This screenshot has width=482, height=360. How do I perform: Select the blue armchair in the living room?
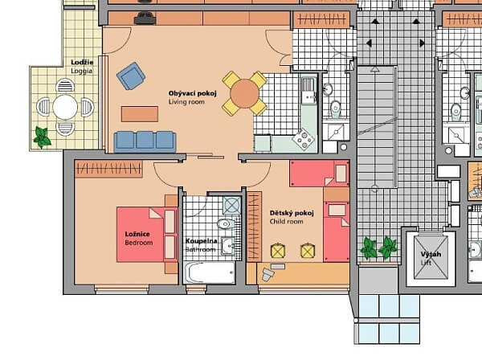coord(131,76)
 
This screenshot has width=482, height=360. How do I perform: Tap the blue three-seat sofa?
coord(145,141)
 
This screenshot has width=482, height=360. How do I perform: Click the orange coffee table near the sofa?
coord(140,112)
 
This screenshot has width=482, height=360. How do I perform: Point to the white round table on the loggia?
coord(65,107)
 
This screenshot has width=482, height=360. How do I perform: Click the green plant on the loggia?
coord(42,138)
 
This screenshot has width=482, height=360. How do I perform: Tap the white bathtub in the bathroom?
coord(208,272)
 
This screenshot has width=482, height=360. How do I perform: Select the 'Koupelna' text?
coord(200,241)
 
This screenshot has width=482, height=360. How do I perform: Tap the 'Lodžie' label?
coord(81,62)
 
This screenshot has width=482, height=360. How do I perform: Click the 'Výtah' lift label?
coord(431,255)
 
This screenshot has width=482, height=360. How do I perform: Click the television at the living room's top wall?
coord(145,17)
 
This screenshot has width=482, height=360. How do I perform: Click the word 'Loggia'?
coord(81,71)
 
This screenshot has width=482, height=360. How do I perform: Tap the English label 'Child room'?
coord(287,221)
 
